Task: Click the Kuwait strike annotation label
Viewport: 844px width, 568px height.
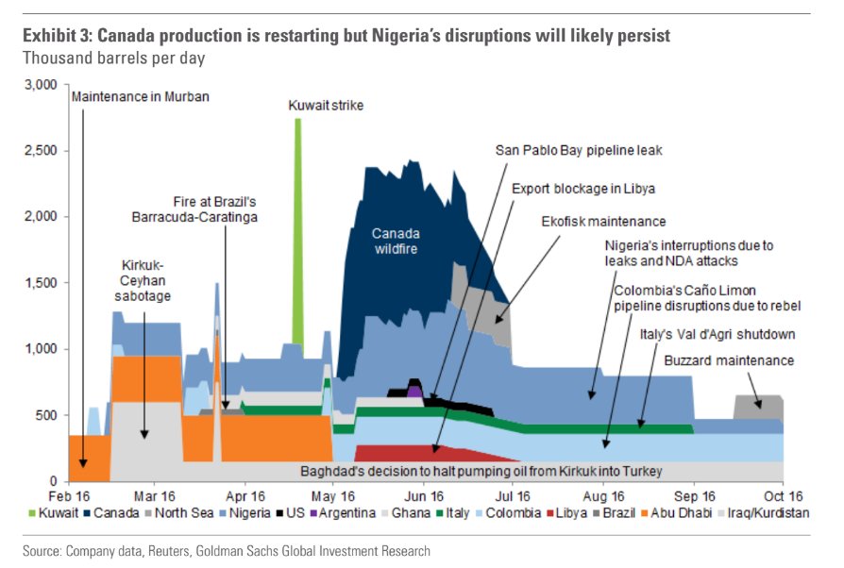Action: point(325,106)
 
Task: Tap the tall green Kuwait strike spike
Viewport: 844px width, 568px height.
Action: point(298,236)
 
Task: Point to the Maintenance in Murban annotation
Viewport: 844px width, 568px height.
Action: point(140,96)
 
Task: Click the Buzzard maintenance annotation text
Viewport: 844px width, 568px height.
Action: point(729,360)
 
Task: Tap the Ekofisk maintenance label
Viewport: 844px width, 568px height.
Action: point(603,222)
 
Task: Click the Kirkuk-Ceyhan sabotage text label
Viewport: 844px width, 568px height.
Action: point(143,281)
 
